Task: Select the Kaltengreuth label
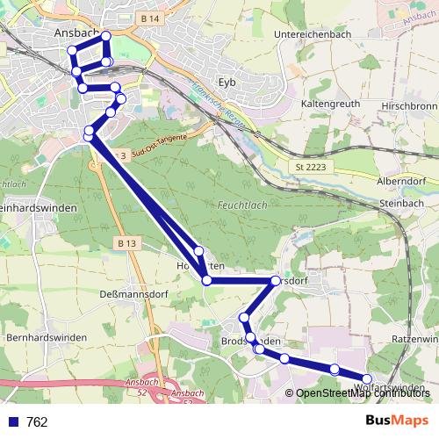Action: click(x=331, y=103)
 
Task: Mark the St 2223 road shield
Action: click(x=310, y=167)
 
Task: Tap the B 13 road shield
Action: click(x=126, y=242)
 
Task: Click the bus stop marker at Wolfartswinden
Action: click(x=367, y=379)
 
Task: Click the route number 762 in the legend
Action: click(x=37, y=421)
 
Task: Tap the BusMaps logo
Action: click(x=396, y=421)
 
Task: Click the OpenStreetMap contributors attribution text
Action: click(x=358, y=392)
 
